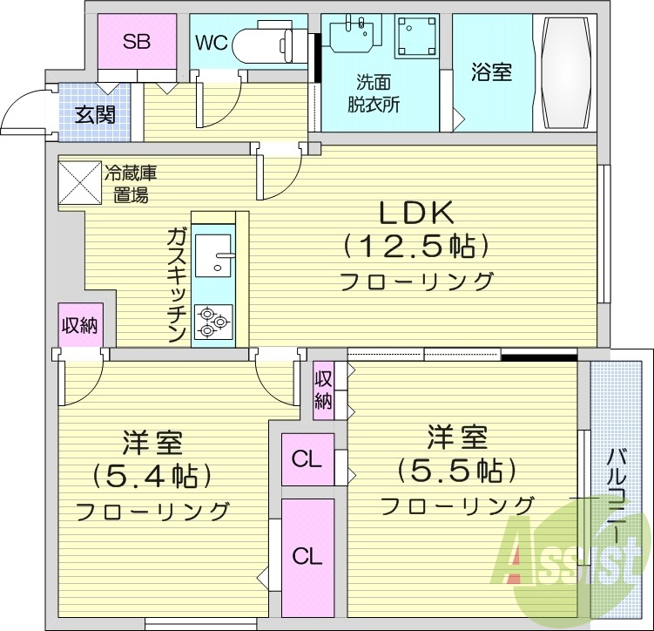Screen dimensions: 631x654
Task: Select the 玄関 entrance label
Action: pos(96,114)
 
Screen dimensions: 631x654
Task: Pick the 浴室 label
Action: pos(492,72)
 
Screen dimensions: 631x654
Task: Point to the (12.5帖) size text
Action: pos(415,248)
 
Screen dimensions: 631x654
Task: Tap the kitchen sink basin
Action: pos(212,254)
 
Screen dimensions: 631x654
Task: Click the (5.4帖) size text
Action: pos(152,476)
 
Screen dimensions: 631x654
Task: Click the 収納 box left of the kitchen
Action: pos(78,326)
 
